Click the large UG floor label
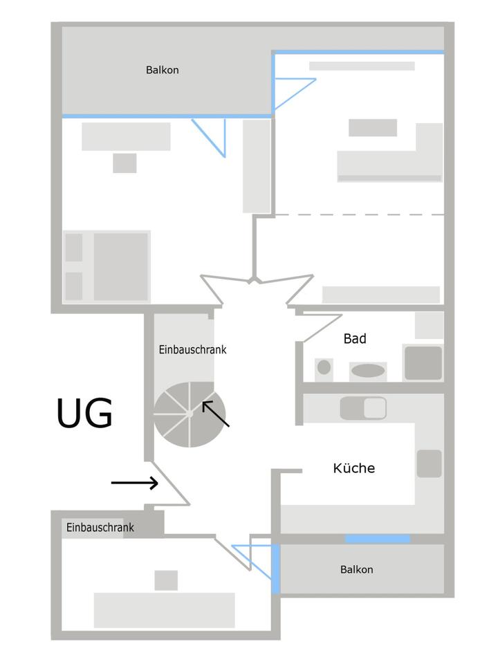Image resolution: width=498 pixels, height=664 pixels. [84, 414]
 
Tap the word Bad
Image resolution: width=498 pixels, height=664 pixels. [355, 339]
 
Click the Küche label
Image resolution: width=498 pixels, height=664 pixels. [354, 468]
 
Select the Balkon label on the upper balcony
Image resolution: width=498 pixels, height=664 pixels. [163, 70]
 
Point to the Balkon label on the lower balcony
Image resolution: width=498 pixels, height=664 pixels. [356, 569]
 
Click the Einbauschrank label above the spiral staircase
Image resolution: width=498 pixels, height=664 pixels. [192, 349]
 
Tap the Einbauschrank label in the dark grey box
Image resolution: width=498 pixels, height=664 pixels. [100, 528]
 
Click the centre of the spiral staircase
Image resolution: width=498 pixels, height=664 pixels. [189, 414]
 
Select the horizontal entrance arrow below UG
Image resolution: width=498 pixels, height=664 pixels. [135, 483]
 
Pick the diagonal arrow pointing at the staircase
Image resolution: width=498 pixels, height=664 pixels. [216, 414]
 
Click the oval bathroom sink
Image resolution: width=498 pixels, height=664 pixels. [368, 371]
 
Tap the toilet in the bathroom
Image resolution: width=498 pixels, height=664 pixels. [324, 367]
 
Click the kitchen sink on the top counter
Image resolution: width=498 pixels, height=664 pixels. [363, 408]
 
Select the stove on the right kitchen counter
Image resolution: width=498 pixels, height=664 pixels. [429, 463]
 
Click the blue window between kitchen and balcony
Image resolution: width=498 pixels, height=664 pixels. [378, 538]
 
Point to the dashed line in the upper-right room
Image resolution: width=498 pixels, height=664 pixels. [360, 214]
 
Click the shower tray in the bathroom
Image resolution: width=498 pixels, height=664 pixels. [423, 362]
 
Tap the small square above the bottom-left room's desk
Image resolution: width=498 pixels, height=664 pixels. [166, 580]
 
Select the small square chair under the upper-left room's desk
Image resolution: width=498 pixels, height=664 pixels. [124, 163]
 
